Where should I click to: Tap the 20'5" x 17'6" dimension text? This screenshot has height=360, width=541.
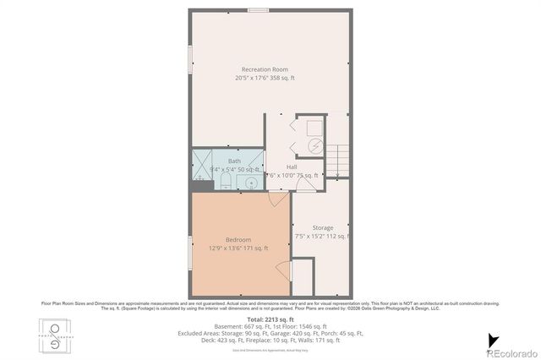click(x=265, y=78)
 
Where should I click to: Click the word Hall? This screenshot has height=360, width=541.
click(x=292, y=166)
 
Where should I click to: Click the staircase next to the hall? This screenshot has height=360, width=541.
click(x=338, y=158)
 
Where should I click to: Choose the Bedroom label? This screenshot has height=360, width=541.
click(x=238, y=240)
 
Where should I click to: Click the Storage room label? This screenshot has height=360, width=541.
click(x=322, y=227)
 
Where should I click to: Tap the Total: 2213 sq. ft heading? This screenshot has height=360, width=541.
click(x=270, y=320)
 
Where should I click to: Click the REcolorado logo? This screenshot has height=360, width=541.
click(x=511, y=352)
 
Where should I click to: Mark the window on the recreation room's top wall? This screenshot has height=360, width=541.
click(x=258, y=10)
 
